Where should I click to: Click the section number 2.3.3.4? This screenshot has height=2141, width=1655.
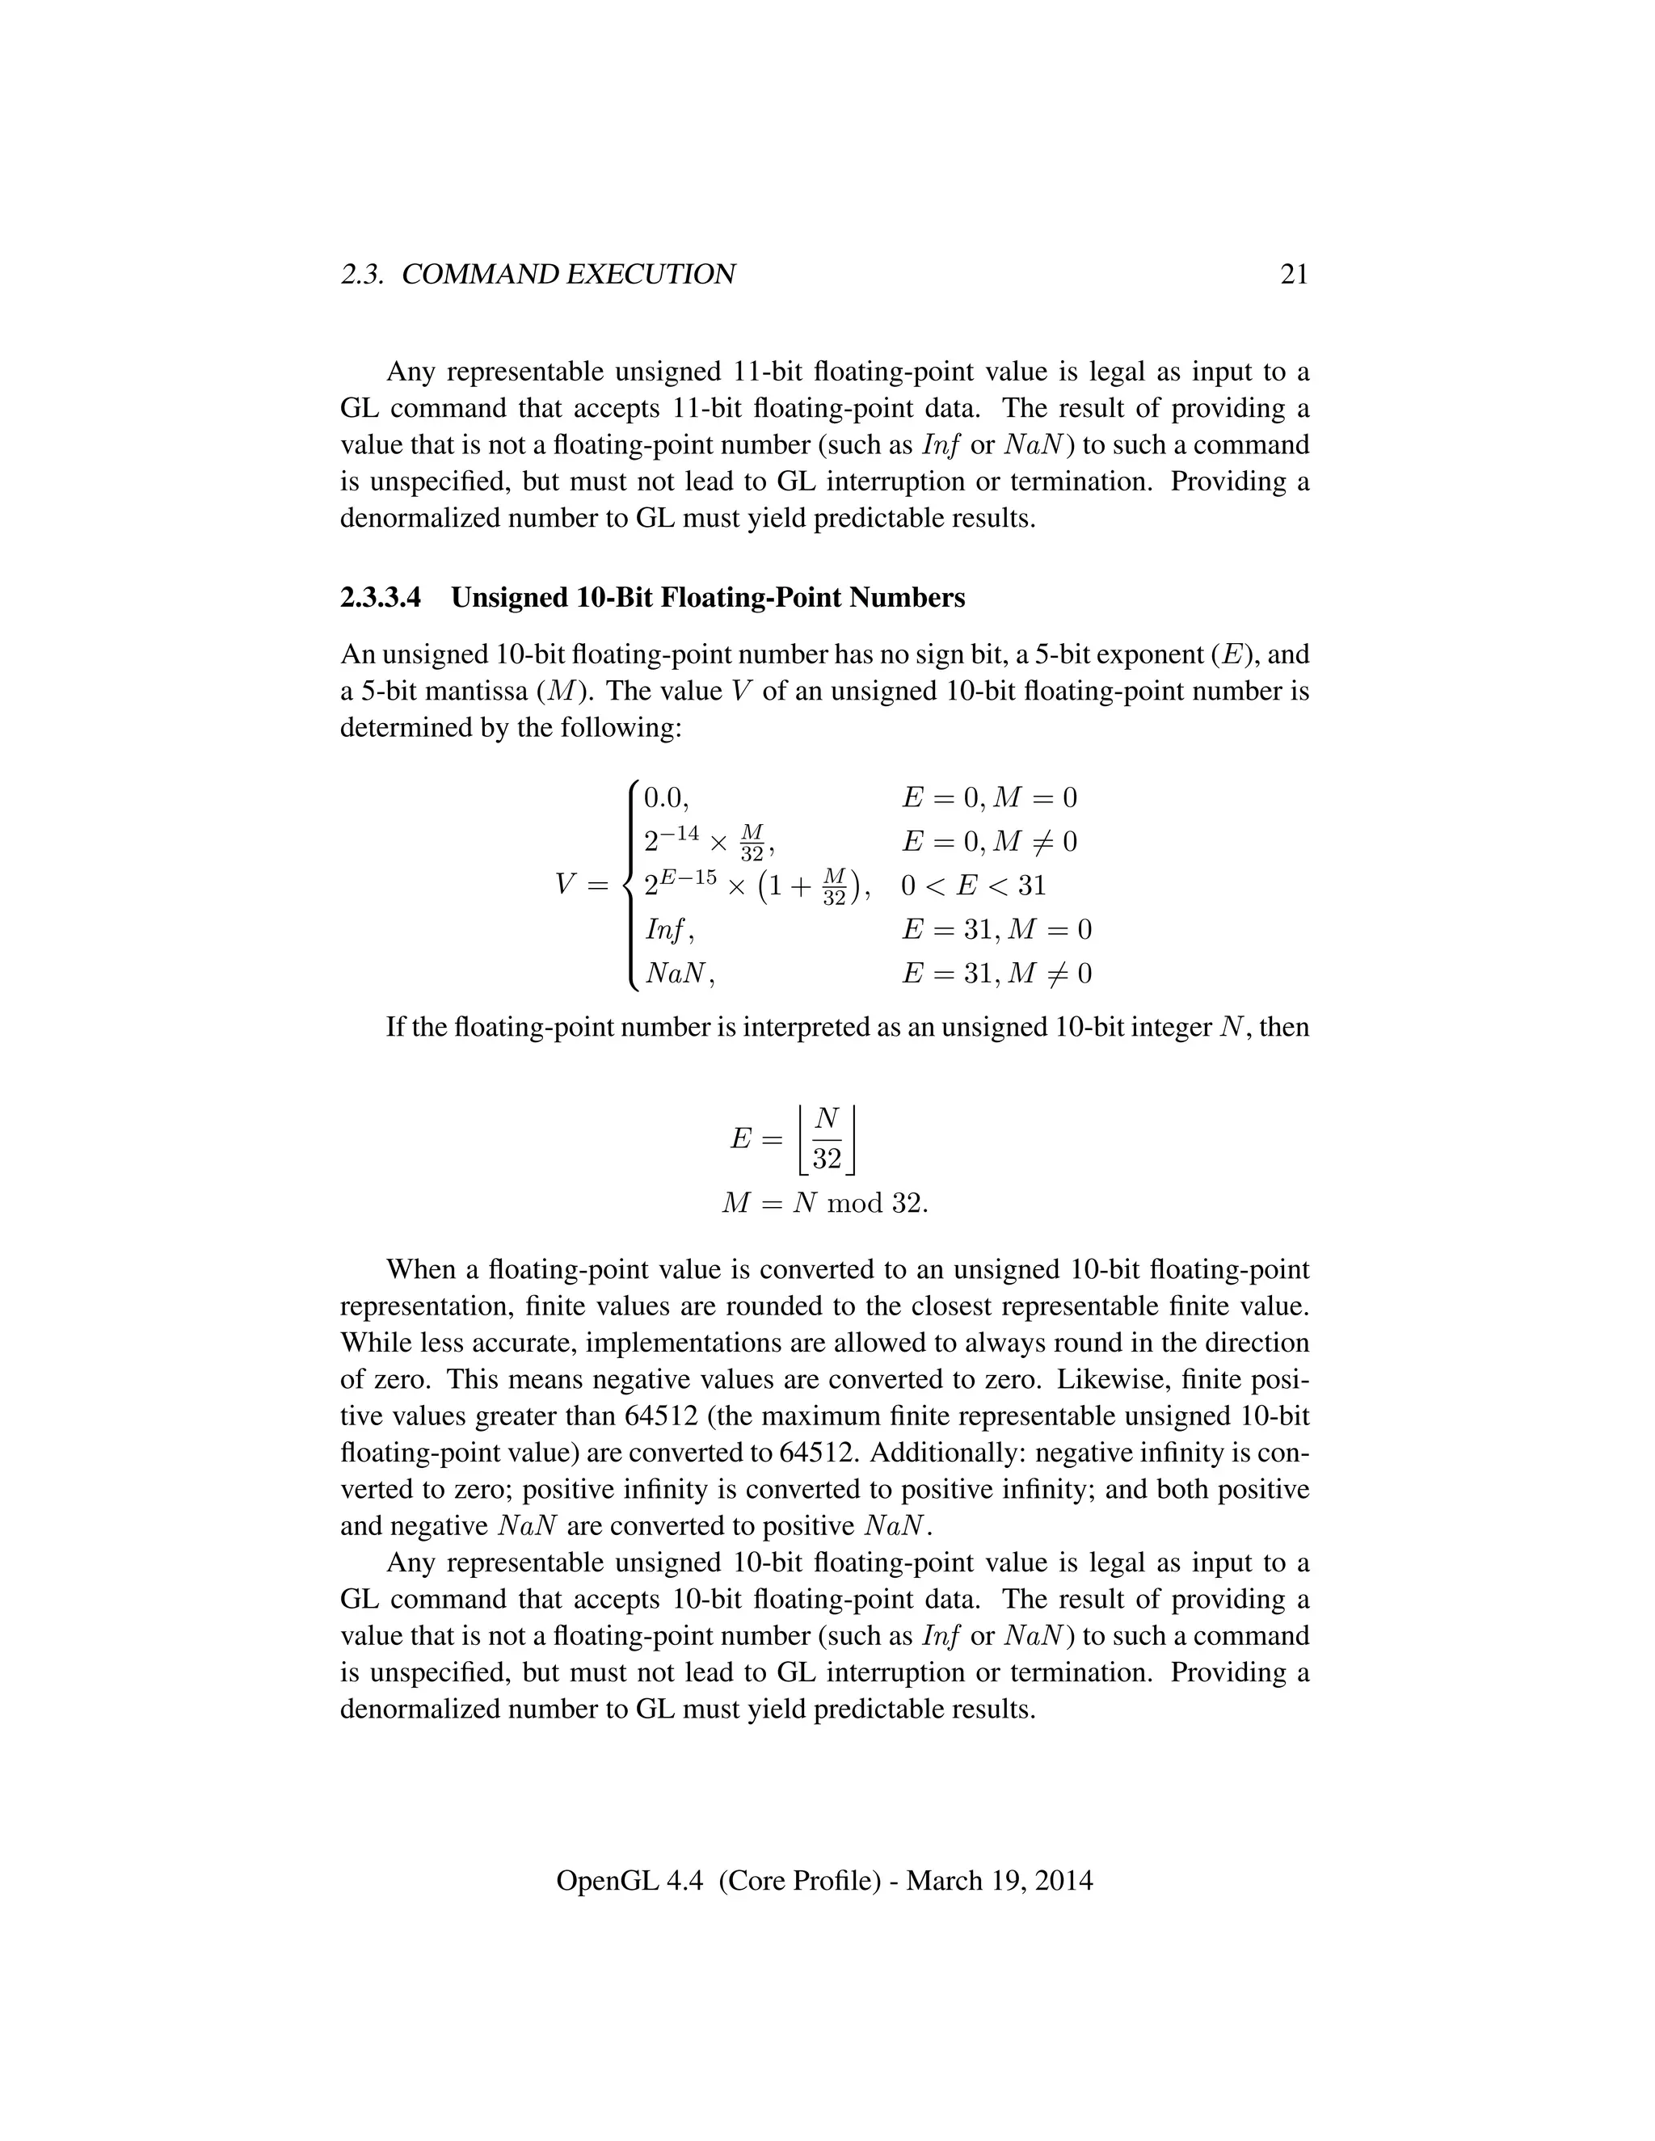[381, 597]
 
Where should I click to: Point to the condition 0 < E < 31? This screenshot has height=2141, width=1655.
[973, 885]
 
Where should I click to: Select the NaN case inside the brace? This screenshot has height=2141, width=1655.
[676, 974]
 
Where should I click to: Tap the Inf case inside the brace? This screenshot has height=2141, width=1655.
[667, 929]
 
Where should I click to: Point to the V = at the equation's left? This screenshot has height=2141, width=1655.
[581, 885]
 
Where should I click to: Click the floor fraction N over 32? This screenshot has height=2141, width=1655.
[827, 1138]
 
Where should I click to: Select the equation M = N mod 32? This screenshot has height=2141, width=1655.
[823, 1203]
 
